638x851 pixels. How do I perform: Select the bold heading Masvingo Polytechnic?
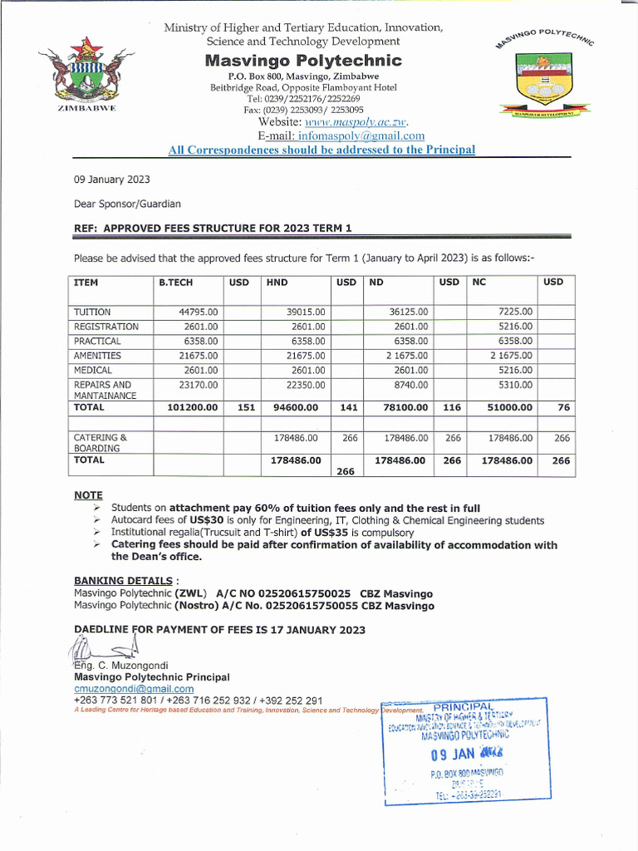[303, 61]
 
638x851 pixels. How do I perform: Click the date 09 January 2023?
[112, 180]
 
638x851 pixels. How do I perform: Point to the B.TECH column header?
[175, 283]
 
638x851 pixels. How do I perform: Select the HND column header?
[277, 283]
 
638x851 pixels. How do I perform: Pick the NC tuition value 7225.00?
[515, 312]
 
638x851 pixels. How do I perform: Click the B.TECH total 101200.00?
[192, 408]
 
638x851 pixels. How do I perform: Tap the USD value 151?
[246, 408]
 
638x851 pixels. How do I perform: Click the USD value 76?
[563, 408]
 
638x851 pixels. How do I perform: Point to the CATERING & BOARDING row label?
[101, 442]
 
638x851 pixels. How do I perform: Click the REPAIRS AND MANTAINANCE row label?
[103, 391]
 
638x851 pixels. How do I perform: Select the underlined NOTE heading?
[88, 495]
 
